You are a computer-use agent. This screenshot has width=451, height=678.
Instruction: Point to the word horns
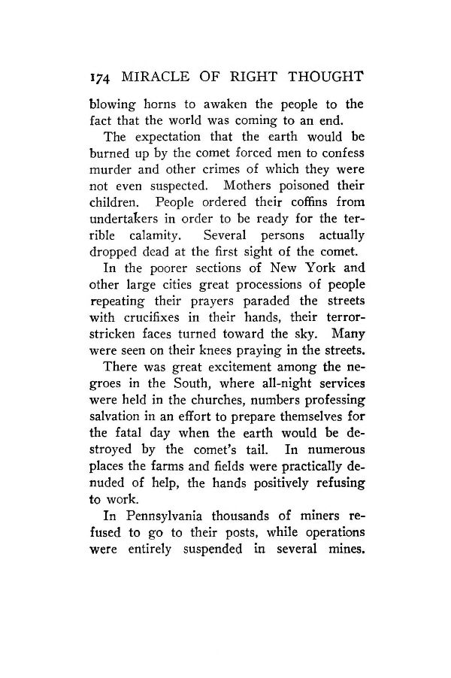click(150, 103)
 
